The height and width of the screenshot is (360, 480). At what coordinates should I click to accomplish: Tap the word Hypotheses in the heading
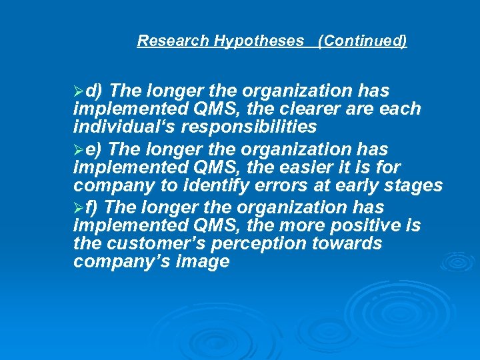point(258,41)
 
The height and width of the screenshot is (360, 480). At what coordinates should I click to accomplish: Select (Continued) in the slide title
point(363,41)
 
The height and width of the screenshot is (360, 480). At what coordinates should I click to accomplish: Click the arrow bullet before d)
point(79,91)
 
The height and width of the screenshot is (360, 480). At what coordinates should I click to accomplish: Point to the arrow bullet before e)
point(79,149)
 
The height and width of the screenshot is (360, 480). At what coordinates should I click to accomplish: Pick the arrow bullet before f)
point(79,208)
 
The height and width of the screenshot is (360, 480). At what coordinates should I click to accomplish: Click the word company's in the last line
point(122,262)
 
